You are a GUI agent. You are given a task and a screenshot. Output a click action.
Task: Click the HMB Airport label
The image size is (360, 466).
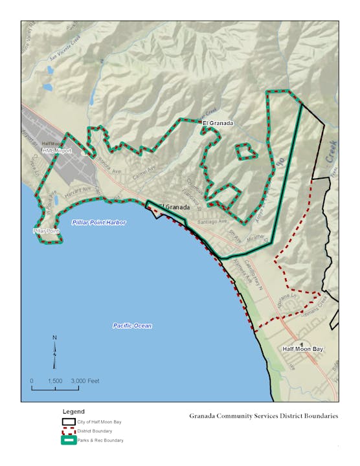coord(56,151)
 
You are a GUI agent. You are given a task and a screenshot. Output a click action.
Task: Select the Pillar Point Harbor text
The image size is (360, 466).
coord(98,222)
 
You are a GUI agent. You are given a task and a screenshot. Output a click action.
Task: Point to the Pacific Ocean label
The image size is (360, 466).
coord(131,326)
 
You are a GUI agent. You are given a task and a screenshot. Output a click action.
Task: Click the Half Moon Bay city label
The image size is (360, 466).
coord(302,349)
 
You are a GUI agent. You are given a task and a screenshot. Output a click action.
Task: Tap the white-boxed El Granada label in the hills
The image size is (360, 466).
coord(218,122)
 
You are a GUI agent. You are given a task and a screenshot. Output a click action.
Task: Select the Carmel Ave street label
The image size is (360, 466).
coord(137,175)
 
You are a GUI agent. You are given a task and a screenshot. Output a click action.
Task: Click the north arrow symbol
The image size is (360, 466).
coord(55,349)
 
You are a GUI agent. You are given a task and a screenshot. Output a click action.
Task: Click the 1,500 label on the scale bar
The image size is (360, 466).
coord(54,381)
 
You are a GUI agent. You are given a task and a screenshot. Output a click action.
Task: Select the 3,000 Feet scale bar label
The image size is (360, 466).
coord(84,381)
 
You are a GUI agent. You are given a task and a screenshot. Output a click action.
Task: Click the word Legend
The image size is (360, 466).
coord(73,411)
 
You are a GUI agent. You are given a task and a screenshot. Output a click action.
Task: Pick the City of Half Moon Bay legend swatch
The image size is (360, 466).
coord(68,421)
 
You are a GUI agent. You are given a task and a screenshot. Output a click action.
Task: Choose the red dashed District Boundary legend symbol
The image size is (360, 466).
coord(68,431)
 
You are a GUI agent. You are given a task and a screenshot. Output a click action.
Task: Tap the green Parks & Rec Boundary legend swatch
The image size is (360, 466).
coord(68,441)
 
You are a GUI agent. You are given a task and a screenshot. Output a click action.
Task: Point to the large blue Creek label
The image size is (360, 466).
coord(332,151)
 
